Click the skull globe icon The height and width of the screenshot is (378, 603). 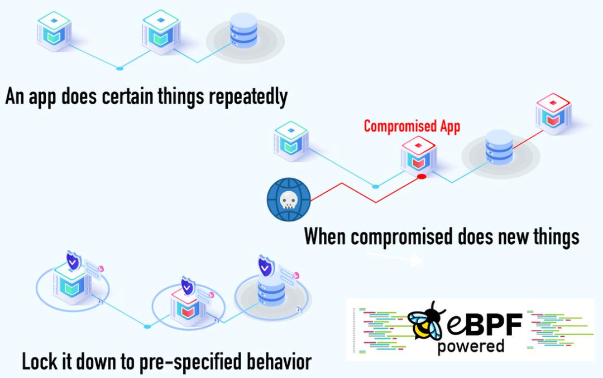tap(289, 200)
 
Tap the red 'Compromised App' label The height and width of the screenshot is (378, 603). tap(412, 127)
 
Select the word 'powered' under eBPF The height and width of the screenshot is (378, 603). tap(471, 346)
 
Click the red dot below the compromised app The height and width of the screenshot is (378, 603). tap(422, 177)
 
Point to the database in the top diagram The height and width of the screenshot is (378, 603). tap(244, 30)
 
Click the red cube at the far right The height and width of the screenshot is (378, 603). tap(553, 114)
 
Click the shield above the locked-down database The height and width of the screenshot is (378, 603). tap(265, 266)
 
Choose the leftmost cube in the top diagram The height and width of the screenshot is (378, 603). tap(54, 31)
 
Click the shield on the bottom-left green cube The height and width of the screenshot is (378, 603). tap(73, 260)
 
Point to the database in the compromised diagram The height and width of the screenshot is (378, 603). tap(499, 148)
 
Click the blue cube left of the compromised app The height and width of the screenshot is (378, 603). tap(291, 141)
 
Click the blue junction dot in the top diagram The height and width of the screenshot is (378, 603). tap(119, 69)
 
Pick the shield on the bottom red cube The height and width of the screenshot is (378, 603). tap(187, 285)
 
